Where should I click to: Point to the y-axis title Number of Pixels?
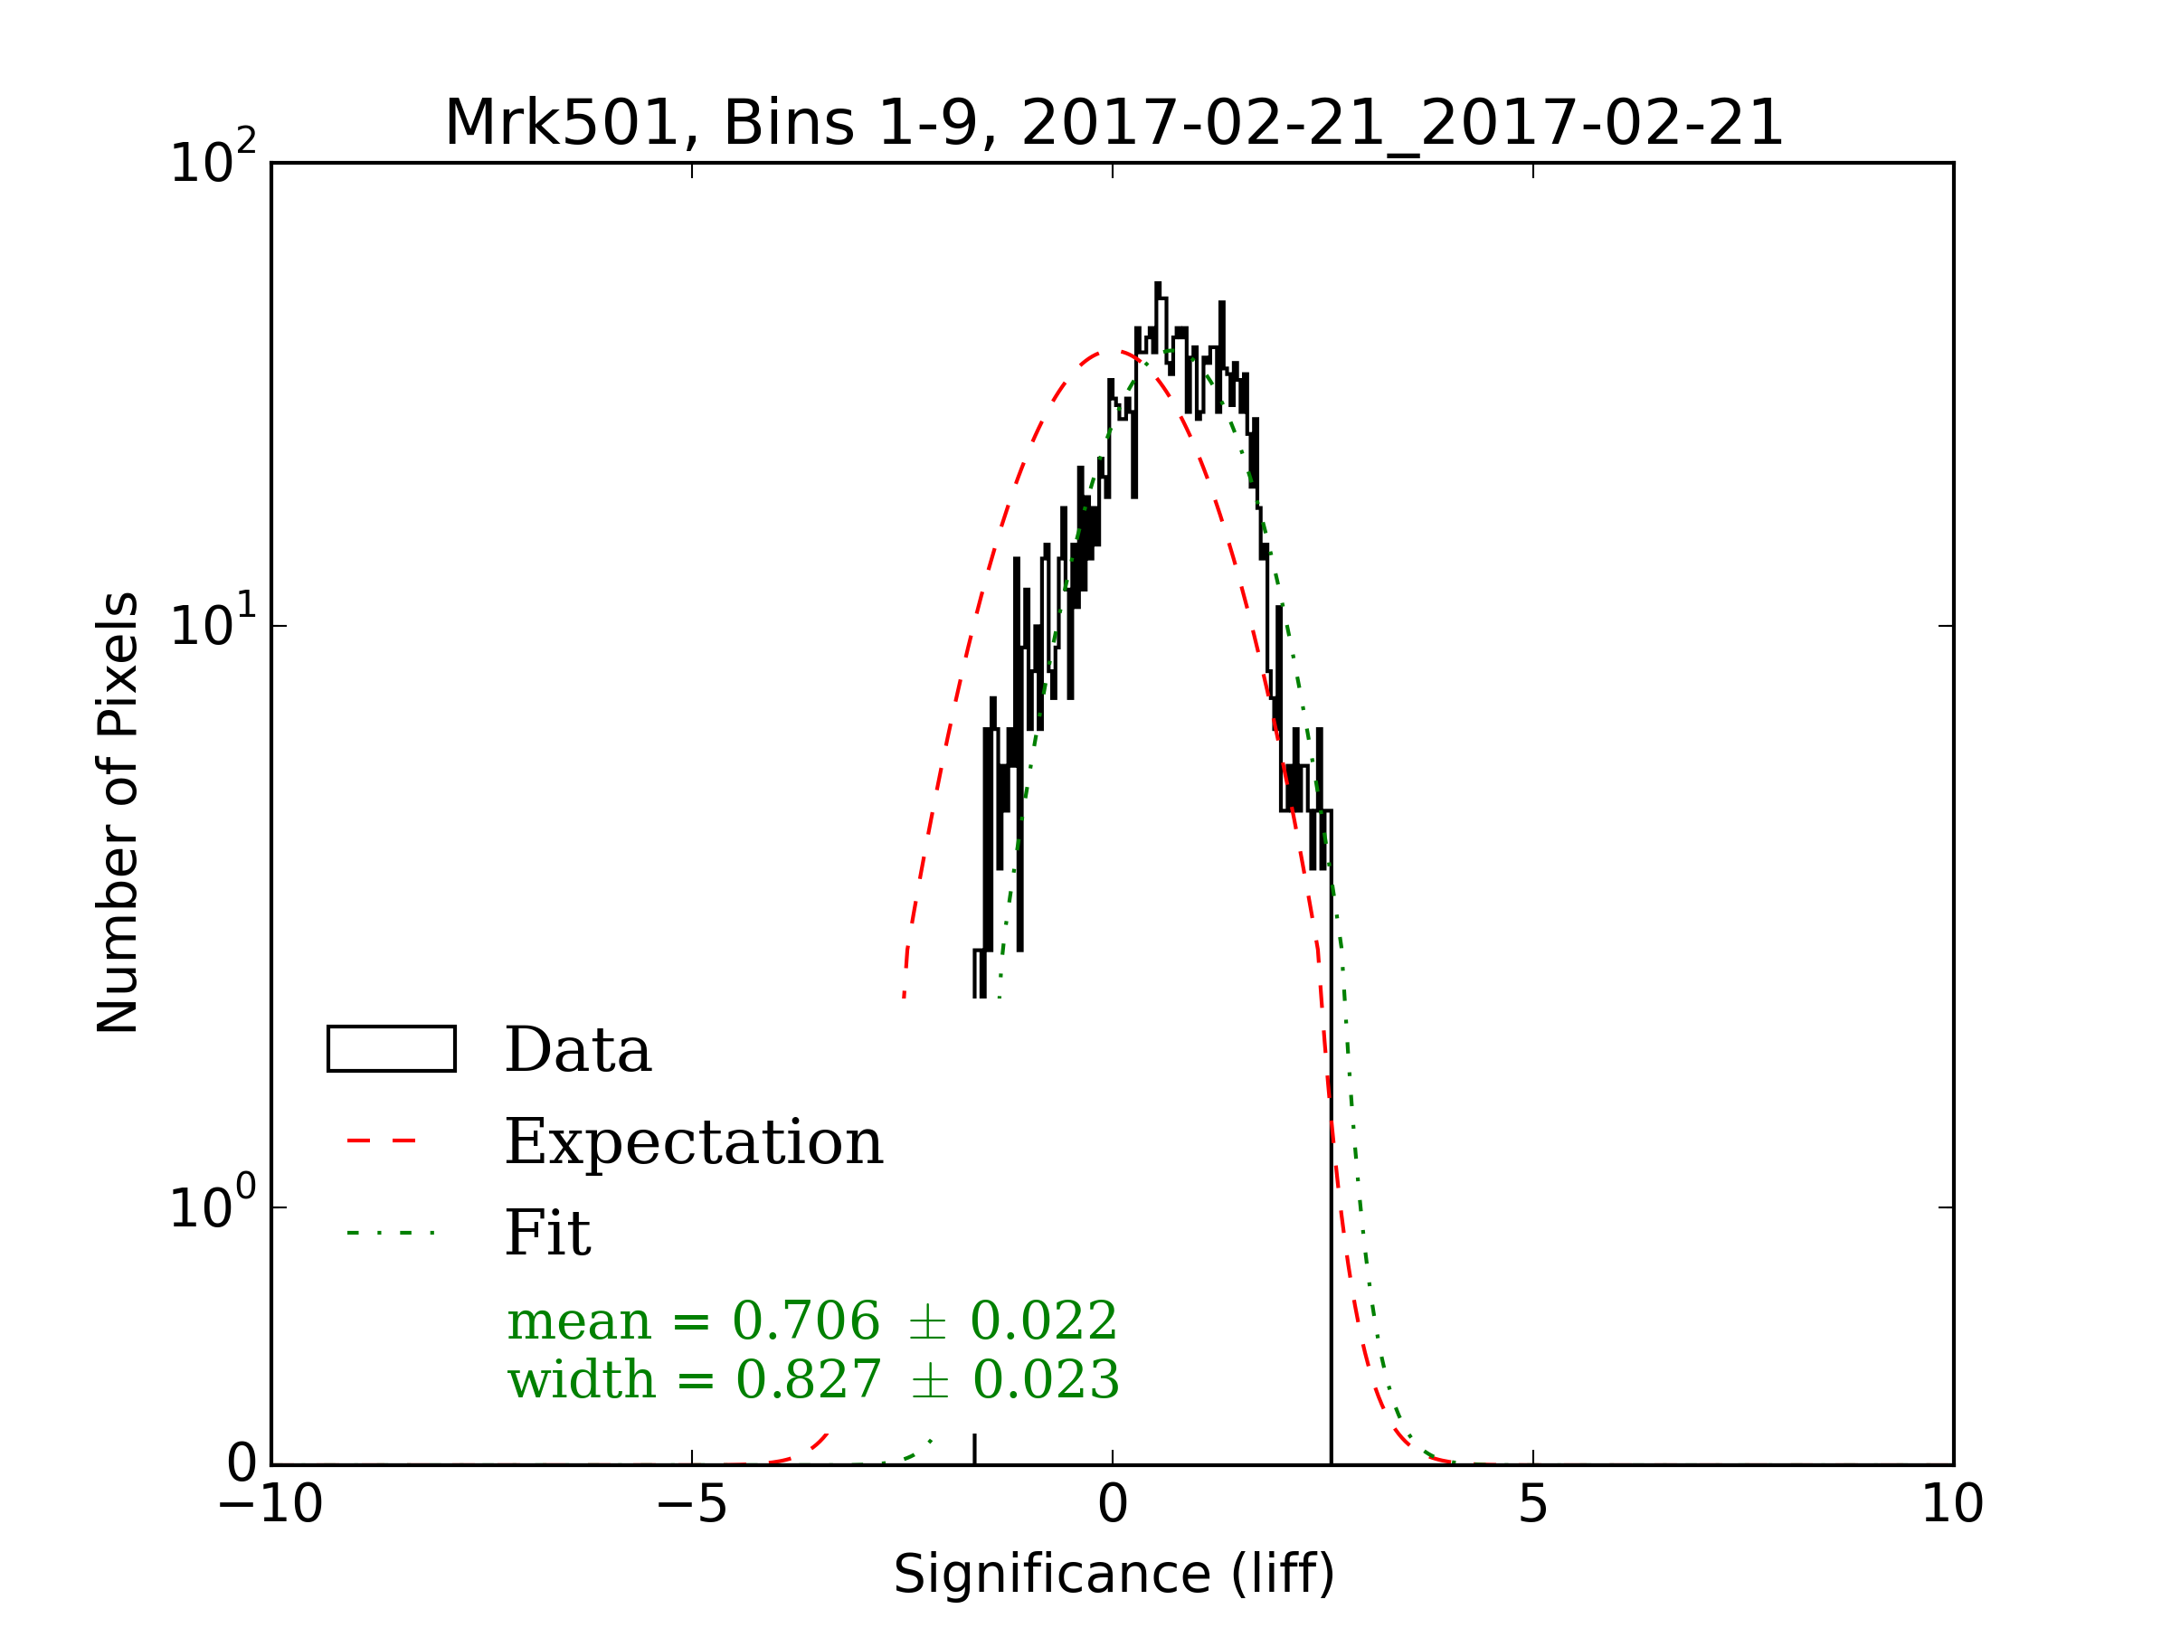119,811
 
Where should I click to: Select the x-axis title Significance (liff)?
1113,1575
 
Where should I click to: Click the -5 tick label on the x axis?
691,1504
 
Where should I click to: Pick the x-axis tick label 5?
1533,1504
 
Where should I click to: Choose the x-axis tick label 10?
1952,1504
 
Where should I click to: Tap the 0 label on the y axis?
242,1464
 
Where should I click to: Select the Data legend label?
578,1051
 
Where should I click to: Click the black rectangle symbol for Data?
392,1049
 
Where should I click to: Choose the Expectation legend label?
694,1142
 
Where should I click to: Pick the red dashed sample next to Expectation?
383,1141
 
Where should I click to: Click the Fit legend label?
547,1234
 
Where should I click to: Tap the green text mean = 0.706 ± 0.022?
811,1320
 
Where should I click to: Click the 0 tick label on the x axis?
1112,1504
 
